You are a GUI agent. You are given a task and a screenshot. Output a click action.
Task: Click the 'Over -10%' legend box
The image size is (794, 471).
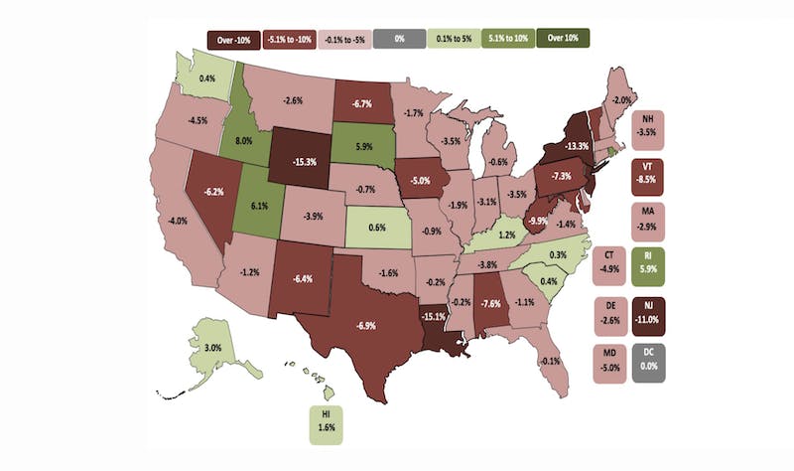pyautogui.click(x=234, y=40)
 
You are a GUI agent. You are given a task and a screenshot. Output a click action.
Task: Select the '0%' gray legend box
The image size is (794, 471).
pyautogui.click(x=399, y=40)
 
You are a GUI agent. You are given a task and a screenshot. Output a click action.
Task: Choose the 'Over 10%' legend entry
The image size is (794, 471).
pyautogui.click(x=563, y=40)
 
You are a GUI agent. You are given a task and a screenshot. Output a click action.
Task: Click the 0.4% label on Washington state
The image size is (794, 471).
pyautogui.click(x=207, y=78)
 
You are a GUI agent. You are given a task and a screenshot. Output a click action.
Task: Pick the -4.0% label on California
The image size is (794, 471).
pyautogui.click(x=180, y=221)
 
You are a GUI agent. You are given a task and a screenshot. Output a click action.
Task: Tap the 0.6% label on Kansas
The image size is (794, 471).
pyautogui.click(x=376, y=227)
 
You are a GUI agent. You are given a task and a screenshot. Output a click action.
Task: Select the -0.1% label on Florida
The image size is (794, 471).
pyautogui.click(x=551, y=361)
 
